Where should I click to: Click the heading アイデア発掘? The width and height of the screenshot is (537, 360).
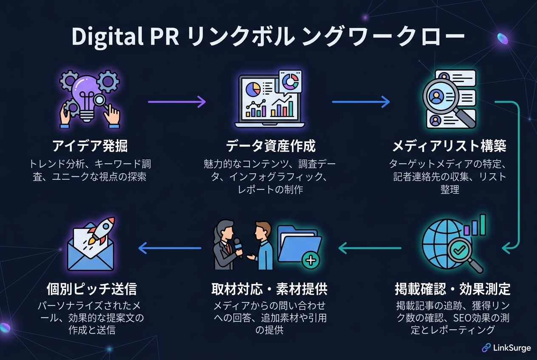(90, 146)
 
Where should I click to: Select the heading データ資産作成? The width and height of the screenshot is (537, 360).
(270, 146)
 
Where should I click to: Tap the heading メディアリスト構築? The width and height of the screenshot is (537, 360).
(449, 146)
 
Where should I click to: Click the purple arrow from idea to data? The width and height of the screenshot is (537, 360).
(177, 102)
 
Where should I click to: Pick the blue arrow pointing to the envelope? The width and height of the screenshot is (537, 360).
(170, 248)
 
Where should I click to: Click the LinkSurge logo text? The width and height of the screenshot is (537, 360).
(512, 348)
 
